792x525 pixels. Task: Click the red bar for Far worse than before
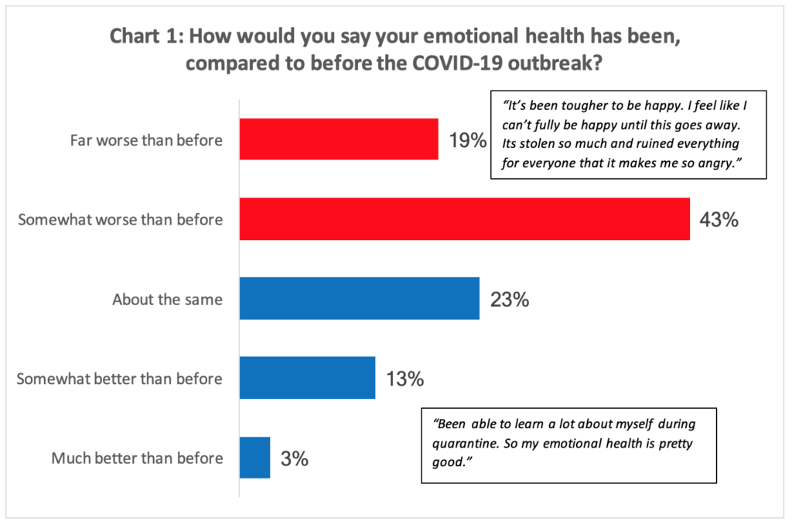click(x=339, y=139)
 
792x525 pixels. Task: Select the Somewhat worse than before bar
click(x=464, y=219)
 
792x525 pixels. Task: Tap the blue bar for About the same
click(x=359, y=299)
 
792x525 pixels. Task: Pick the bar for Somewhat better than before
click(x=307, y=378)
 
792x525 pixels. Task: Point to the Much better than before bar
click(x=254, y=458)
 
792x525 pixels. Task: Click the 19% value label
click(x=468, y=141)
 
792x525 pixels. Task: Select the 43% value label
click(x=719, y=220)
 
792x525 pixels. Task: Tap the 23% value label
click(x=509, y=300)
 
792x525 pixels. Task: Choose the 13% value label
click(x=405, y=379)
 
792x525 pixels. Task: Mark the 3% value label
click(x=294, y=458)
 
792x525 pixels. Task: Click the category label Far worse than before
click(x=146, y=140)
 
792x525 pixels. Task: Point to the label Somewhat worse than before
click(x=120, y=220)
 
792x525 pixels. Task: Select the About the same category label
click(x=167, y=300)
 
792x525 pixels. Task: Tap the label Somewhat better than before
click(x=120, y=379)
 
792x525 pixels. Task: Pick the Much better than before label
click(x=137, y=458)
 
